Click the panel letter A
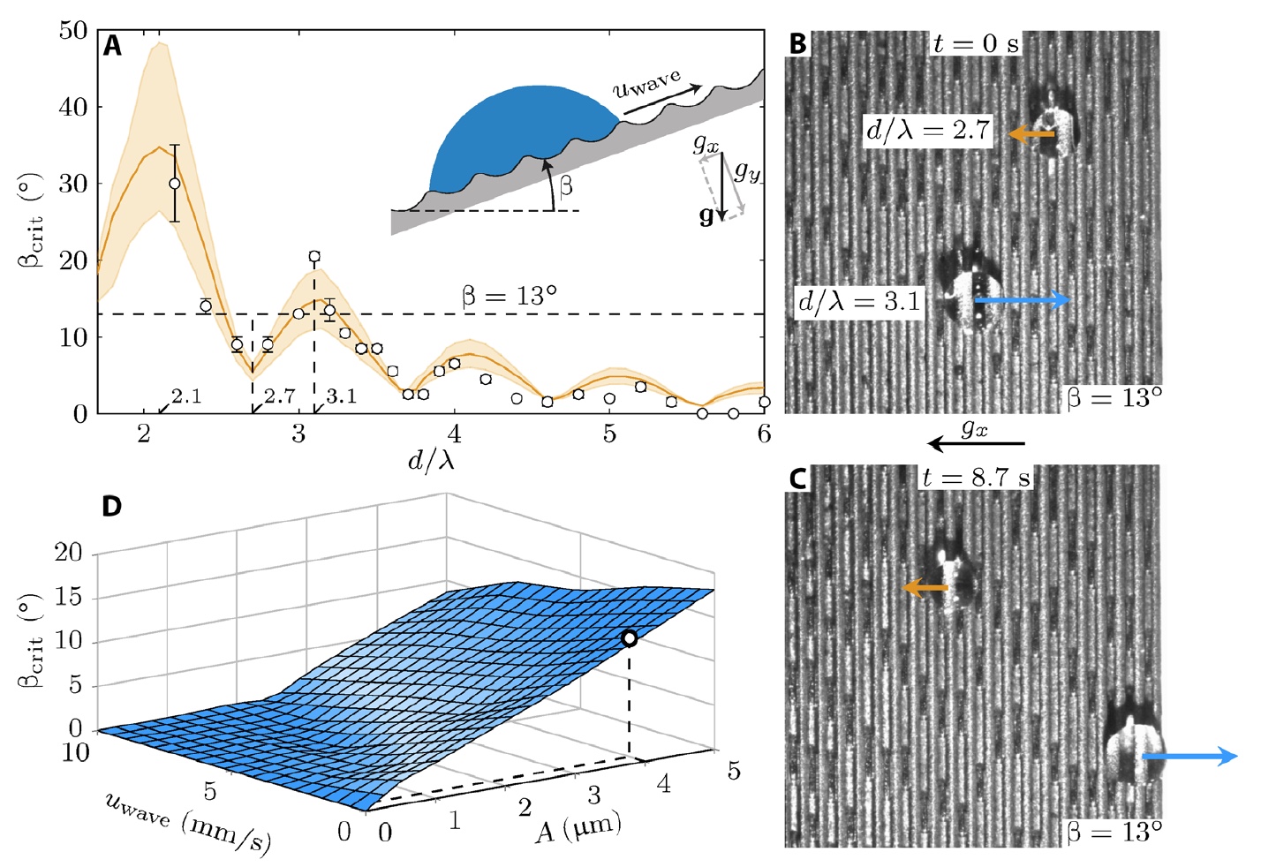coord(112,46)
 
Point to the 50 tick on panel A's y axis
coord(73,31)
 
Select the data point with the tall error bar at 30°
coord(175,184)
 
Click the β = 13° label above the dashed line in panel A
coord(510,297)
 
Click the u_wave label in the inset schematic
coord(647,84)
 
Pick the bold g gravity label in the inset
coord(706,215)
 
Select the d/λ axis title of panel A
coord(431,459)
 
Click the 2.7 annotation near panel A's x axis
coord(280,396)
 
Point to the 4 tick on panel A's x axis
coord(454,433)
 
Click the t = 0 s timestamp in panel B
coord(975,43)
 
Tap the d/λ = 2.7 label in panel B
coord(928,131)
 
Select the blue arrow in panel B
coord(1022,301)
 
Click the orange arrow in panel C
coord(925,588)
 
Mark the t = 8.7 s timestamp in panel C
coord(975,479)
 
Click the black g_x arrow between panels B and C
coord(976,443)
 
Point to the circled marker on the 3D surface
coord(629,638)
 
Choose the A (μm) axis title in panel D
coord(578,827)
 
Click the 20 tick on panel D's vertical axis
coord(68,554)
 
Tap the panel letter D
coord(112,507)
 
